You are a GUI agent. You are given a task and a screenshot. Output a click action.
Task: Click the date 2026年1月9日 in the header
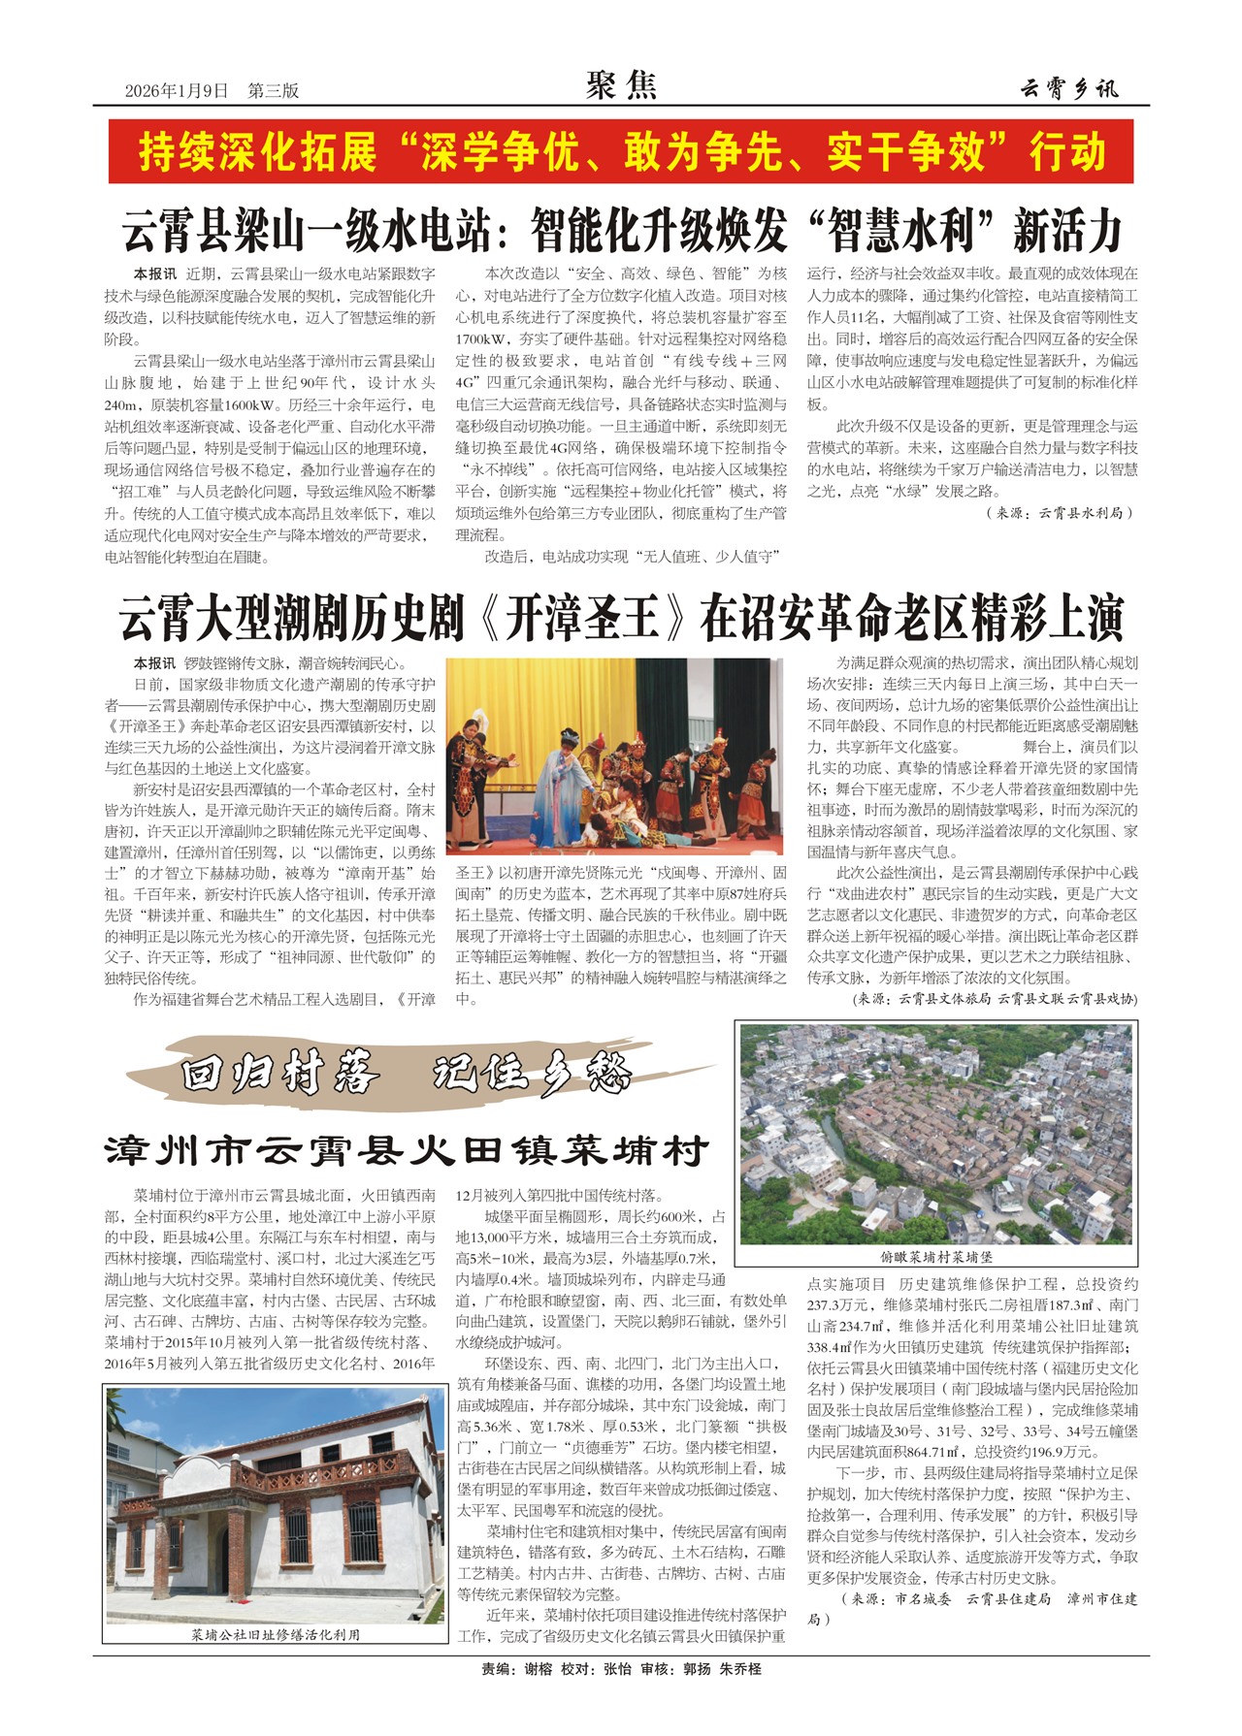[176, 91]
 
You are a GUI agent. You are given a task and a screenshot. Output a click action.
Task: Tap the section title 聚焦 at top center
[621, 86]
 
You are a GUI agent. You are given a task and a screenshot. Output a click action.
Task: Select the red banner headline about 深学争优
[621, 151]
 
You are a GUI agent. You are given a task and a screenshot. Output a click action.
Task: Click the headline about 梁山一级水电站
[621, 231]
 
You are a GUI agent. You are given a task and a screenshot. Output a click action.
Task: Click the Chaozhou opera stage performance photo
[613, 756]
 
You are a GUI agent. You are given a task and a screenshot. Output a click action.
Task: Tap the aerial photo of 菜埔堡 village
[935, 1133]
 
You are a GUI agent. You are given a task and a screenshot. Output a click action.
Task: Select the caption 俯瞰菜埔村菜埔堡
[935, 1257]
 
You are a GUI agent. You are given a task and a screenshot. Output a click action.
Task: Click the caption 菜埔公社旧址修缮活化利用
[275, 1635]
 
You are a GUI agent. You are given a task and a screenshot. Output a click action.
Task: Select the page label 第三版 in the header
[273, 91]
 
